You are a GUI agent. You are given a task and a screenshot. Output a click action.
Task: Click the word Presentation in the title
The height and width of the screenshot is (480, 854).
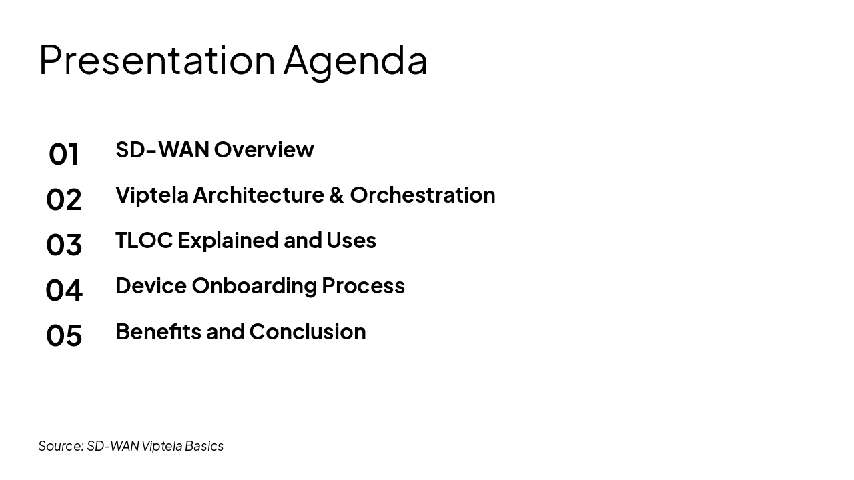pos(157,60)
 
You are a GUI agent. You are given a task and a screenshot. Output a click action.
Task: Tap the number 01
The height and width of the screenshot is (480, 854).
pos(64,155)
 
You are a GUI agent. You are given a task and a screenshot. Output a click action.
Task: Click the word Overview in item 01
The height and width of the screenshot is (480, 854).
pos(264,150)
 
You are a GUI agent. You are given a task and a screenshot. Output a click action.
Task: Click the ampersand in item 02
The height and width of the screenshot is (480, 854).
pos(336,195)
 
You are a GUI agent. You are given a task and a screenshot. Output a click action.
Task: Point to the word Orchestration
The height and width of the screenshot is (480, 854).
pos(422,195)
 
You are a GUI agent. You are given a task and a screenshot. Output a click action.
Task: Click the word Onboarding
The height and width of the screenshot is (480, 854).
pos(254,286)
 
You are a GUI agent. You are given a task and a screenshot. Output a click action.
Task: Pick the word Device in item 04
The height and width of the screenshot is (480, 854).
pos(151,286)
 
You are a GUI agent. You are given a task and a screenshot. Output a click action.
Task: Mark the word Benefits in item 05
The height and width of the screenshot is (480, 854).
pos(158,332)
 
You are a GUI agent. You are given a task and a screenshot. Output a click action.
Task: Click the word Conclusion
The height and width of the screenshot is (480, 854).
pos(307,332)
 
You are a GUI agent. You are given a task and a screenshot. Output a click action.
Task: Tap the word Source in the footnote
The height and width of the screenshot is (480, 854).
pos(61,446)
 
